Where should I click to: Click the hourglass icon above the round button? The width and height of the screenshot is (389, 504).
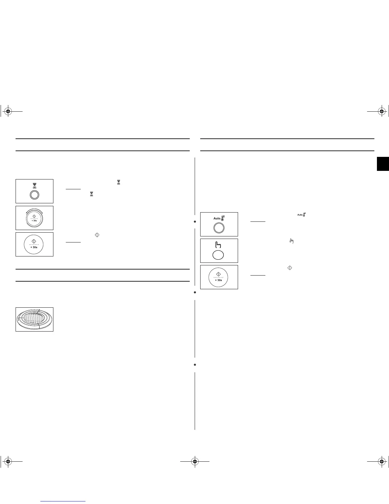[34, 185]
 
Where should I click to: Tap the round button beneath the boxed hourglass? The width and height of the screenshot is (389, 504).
[34, 195]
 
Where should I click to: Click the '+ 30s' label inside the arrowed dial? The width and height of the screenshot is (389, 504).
[34, 220]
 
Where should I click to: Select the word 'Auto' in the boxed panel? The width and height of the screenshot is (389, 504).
[217, 218]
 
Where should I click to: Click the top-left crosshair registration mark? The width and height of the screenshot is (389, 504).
[8, 111]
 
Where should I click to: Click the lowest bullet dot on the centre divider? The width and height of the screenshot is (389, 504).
[195, 365]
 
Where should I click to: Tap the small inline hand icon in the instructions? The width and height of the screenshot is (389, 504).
[291, 241]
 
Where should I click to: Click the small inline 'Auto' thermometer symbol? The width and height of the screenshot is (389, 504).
[301, 215]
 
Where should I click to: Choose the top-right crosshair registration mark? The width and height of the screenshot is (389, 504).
[381, 111]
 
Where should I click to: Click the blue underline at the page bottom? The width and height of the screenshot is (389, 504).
[63, 501]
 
